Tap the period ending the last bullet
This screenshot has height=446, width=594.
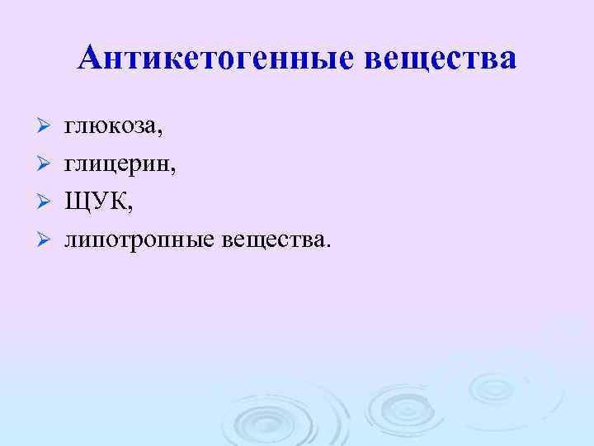327,244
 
